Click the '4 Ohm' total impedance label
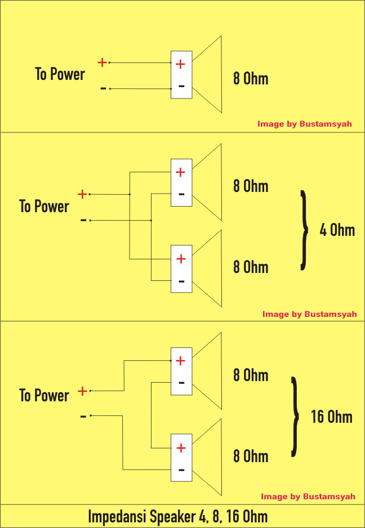[337, 230]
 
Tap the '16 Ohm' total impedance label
[332, 417]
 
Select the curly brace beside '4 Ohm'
[304, 230]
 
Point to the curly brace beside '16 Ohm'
[295, 417]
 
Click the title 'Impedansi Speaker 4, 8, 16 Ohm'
[178, 517]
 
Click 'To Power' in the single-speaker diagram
[60, 74]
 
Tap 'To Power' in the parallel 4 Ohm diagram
[44, 207]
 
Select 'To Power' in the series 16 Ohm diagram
[44, 395]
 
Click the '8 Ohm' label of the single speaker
[251, 78]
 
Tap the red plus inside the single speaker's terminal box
[180, 64]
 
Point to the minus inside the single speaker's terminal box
[181, 86]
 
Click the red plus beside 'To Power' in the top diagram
[102, 62]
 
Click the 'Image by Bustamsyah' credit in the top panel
[304, 124]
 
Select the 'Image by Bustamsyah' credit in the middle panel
[309, 314]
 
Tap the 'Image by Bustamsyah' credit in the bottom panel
[308, 496]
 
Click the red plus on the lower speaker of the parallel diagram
[181, 259]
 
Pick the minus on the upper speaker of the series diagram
[181, 383]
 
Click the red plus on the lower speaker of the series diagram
[181, 448]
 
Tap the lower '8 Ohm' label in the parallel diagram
[251, 267]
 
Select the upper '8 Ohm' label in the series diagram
[251, 375]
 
